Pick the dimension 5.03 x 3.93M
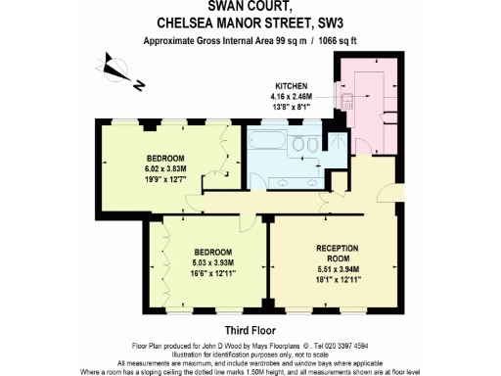(x=212, y=261)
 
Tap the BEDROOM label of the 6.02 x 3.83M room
(x=163, y=158)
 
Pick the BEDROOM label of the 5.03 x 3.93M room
(x=212, y=252)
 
